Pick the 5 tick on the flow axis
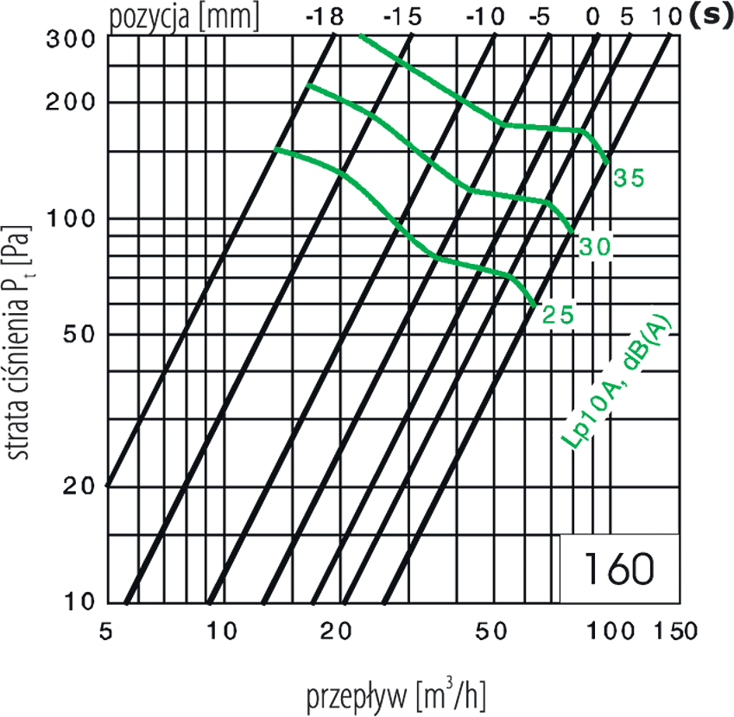(x=107, y=632)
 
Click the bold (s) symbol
(x=711, y=16)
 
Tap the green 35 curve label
(x=628, y=179)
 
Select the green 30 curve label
(x=595, y=247)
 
